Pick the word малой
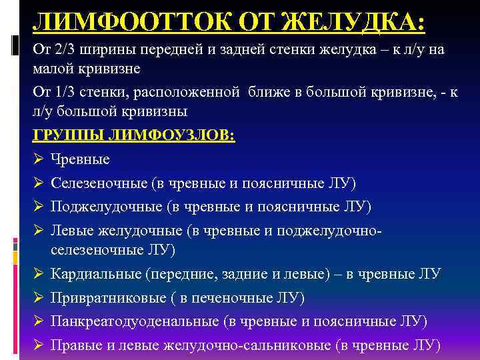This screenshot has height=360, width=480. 52,69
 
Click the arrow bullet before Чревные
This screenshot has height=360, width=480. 39,160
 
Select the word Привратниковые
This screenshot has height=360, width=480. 101,297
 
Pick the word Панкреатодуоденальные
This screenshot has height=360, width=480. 134,321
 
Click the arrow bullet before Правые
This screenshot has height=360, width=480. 39,344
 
